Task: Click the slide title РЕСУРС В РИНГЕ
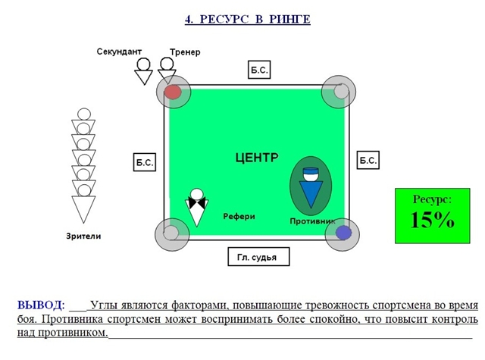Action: point(247,19)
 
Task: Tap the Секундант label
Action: point(119,52)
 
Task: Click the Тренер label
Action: point(185,52)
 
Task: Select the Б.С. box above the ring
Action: point(259,70)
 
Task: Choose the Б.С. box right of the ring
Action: point(368,161)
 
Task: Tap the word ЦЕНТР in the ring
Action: point(258,158)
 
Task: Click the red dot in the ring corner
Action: point(173,92)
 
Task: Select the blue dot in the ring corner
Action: point(343,233)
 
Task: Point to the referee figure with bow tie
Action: point(197,207)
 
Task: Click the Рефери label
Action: point(239,217)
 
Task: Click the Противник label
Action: point(312,221)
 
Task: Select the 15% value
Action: point(432,221)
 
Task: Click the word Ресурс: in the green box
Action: point(432,199)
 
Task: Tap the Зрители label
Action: point(83,236)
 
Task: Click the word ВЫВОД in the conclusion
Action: point(40,305)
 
